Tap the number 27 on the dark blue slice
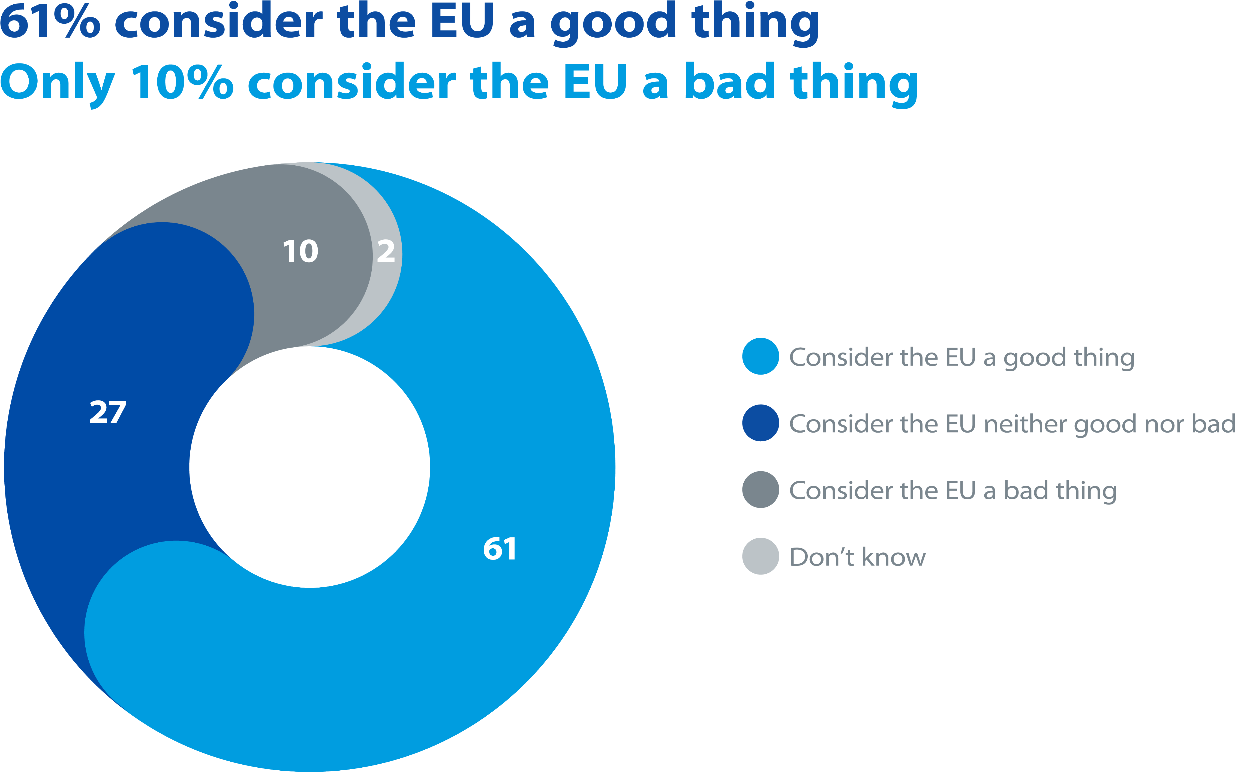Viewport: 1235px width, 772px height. point(108,412)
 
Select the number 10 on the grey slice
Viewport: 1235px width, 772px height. point(301,251)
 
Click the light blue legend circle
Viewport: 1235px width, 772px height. point(760,356)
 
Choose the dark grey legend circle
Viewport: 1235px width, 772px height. point(760,490)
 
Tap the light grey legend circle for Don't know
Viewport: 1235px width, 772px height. point(760,556)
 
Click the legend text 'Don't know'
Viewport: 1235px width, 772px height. point(857,557)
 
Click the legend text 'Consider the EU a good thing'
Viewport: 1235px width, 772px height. point(962,357)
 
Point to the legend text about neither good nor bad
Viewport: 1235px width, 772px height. point(1012,424)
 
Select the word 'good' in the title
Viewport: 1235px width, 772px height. point(613,23)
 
